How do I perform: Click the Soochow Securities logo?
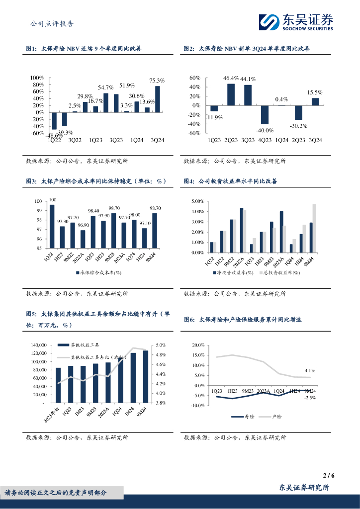coord(295,22)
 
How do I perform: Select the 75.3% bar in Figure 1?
coord(158,99)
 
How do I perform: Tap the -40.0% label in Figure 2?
coord(265,130)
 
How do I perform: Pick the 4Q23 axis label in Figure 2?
coord(265,140)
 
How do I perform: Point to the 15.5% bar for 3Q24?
coord(315,101)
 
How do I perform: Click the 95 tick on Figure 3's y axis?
coord(40,249)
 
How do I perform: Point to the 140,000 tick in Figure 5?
coord(38,345)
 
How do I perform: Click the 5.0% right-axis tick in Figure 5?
coord(161,345)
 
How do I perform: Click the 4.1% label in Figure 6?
coord(310,371)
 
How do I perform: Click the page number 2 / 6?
coord(329,475)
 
